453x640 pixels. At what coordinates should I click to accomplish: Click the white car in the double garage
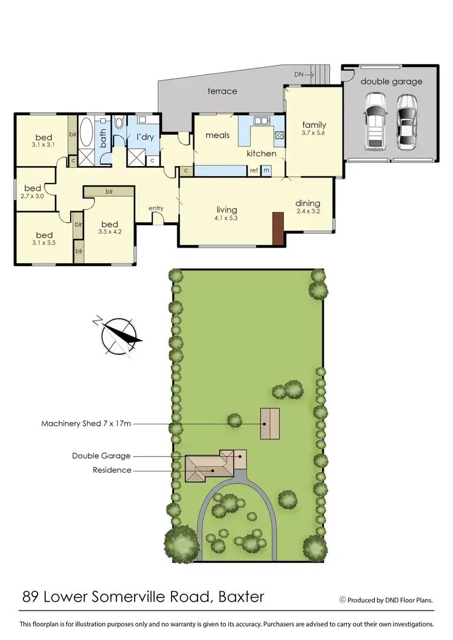pos(376,122)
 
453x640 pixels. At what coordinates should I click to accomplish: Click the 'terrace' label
pos(222,91)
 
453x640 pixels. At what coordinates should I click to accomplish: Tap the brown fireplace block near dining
pos(278,228)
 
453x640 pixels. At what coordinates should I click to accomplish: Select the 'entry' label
pos(156,208)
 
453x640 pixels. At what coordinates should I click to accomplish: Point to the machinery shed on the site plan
pos(270,423)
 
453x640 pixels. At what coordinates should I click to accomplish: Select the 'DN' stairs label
pos(299,74)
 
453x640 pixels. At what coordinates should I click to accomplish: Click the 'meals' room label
pos(217,135)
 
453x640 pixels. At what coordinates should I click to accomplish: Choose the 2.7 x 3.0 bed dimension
pos(33,196)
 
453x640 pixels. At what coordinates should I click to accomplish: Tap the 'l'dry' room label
pos(146,137)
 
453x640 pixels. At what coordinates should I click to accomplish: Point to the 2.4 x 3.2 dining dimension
pos(307,212)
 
